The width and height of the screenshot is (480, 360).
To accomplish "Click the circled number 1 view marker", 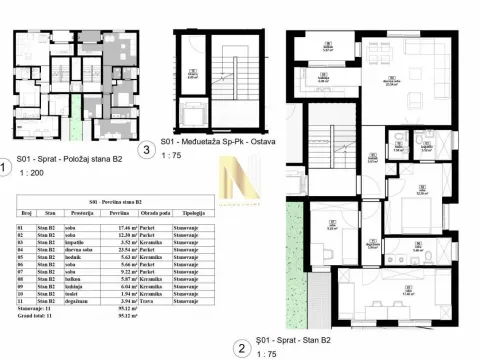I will [7, 168].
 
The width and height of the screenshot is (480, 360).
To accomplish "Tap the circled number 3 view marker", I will [148, 151].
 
